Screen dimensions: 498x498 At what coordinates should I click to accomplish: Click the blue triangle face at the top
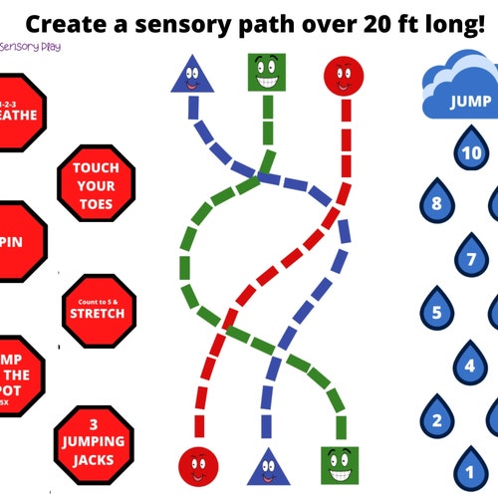tap(195, 75)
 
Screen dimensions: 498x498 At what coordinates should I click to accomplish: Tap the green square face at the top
tap(266, 73)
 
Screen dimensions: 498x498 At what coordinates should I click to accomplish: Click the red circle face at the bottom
tap(198, 465)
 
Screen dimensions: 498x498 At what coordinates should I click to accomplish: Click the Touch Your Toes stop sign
tap(95, 185)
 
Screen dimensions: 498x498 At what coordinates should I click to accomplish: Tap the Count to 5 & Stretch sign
tap(97, 309)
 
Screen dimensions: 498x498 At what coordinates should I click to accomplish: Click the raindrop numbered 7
tap(471, 258)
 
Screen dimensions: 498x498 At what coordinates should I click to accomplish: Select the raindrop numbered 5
tap(436, 312)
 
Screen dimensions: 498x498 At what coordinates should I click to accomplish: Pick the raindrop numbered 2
tap(436, 418)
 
